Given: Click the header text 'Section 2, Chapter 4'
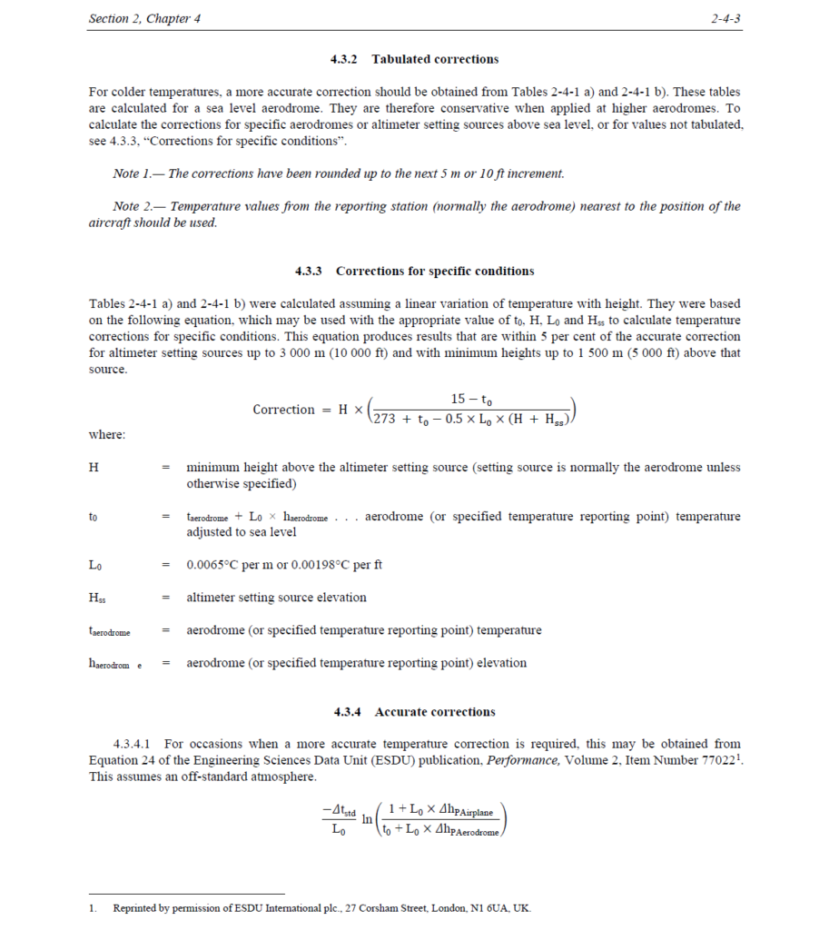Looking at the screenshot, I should click(145, 19).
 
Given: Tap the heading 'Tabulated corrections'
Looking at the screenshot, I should click(435, 59).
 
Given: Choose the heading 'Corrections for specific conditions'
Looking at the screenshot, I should click(435, 271).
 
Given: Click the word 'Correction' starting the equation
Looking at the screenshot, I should click(283, 410).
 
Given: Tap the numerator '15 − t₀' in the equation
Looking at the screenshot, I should click(471, 399).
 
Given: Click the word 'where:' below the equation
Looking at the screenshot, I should click(107, 434).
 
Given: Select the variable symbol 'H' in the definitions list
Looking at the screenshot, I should click(94, 468).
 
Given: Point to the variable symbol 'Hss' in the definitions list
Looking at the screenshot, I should click(97, 598).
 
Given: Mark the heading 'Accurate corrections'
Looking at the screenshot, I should click(435, 712).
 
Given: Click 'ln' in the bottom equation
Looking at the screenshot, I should click(368, 819).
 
